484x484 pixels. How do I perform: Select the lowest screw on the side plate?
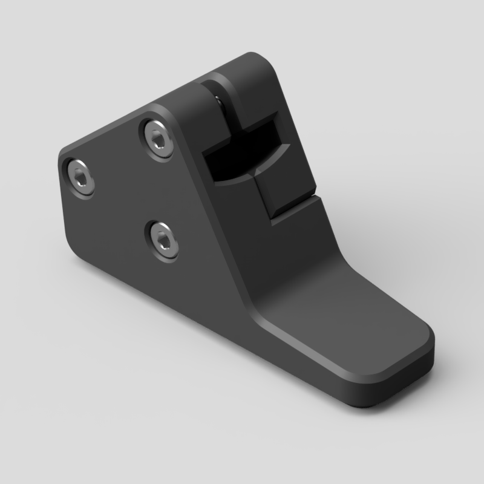coord(162,240)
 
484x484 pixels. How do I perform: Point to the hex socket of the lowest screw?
coord(162,240)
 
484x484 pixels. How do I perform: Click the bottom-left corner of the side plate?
coord(76,248)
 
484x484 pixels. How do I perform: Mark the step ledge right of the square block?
coord(302,206)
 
